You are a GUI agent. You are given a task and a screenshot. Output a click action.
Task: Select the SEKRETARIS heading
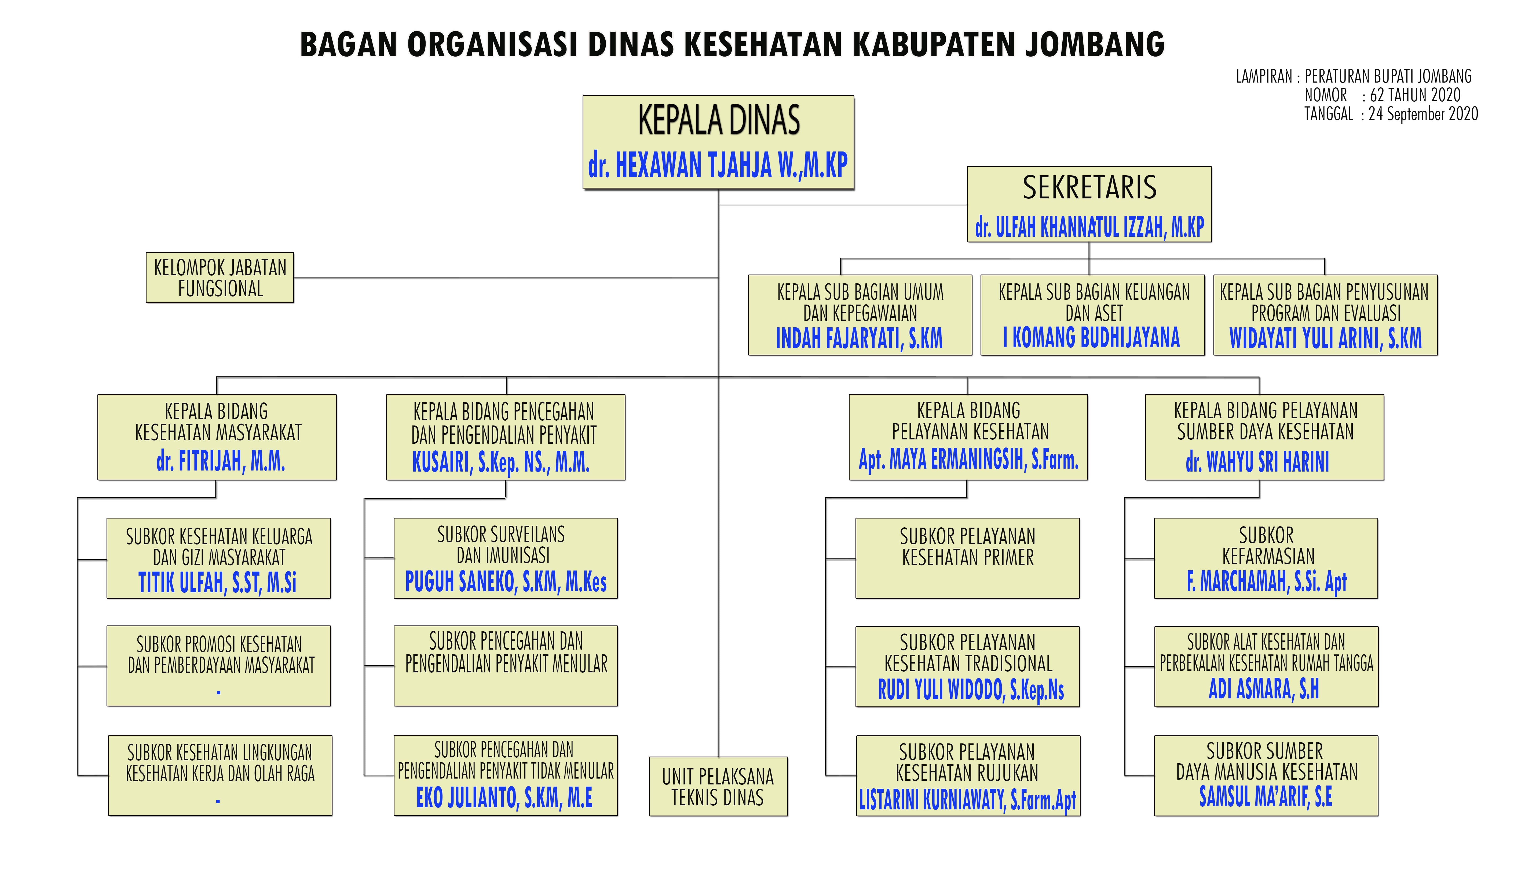(x=1089, y=187)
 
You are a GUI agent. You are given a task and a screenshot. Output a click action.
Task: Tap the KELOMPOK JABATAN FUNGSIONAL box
(x=220, y=277)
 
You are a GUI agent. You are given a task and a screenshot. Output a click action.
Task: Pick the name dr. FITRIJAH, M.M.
(x=220, y=461)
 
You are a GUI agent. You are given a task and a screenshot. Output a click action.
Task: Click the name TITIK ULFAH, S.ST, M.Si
(x=217, y=582)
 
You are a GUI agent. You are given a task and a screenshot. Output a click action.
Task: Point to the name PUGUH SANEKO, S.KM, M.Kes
(x=506, y=582)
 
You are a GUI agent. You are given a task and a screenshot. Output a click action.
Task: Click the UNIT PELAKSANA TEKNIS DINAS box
(x=718, y=787)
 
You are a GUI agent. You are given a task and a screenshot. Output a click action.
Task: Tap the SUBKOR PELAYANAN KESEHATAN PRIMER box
(x=967, y=558)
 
